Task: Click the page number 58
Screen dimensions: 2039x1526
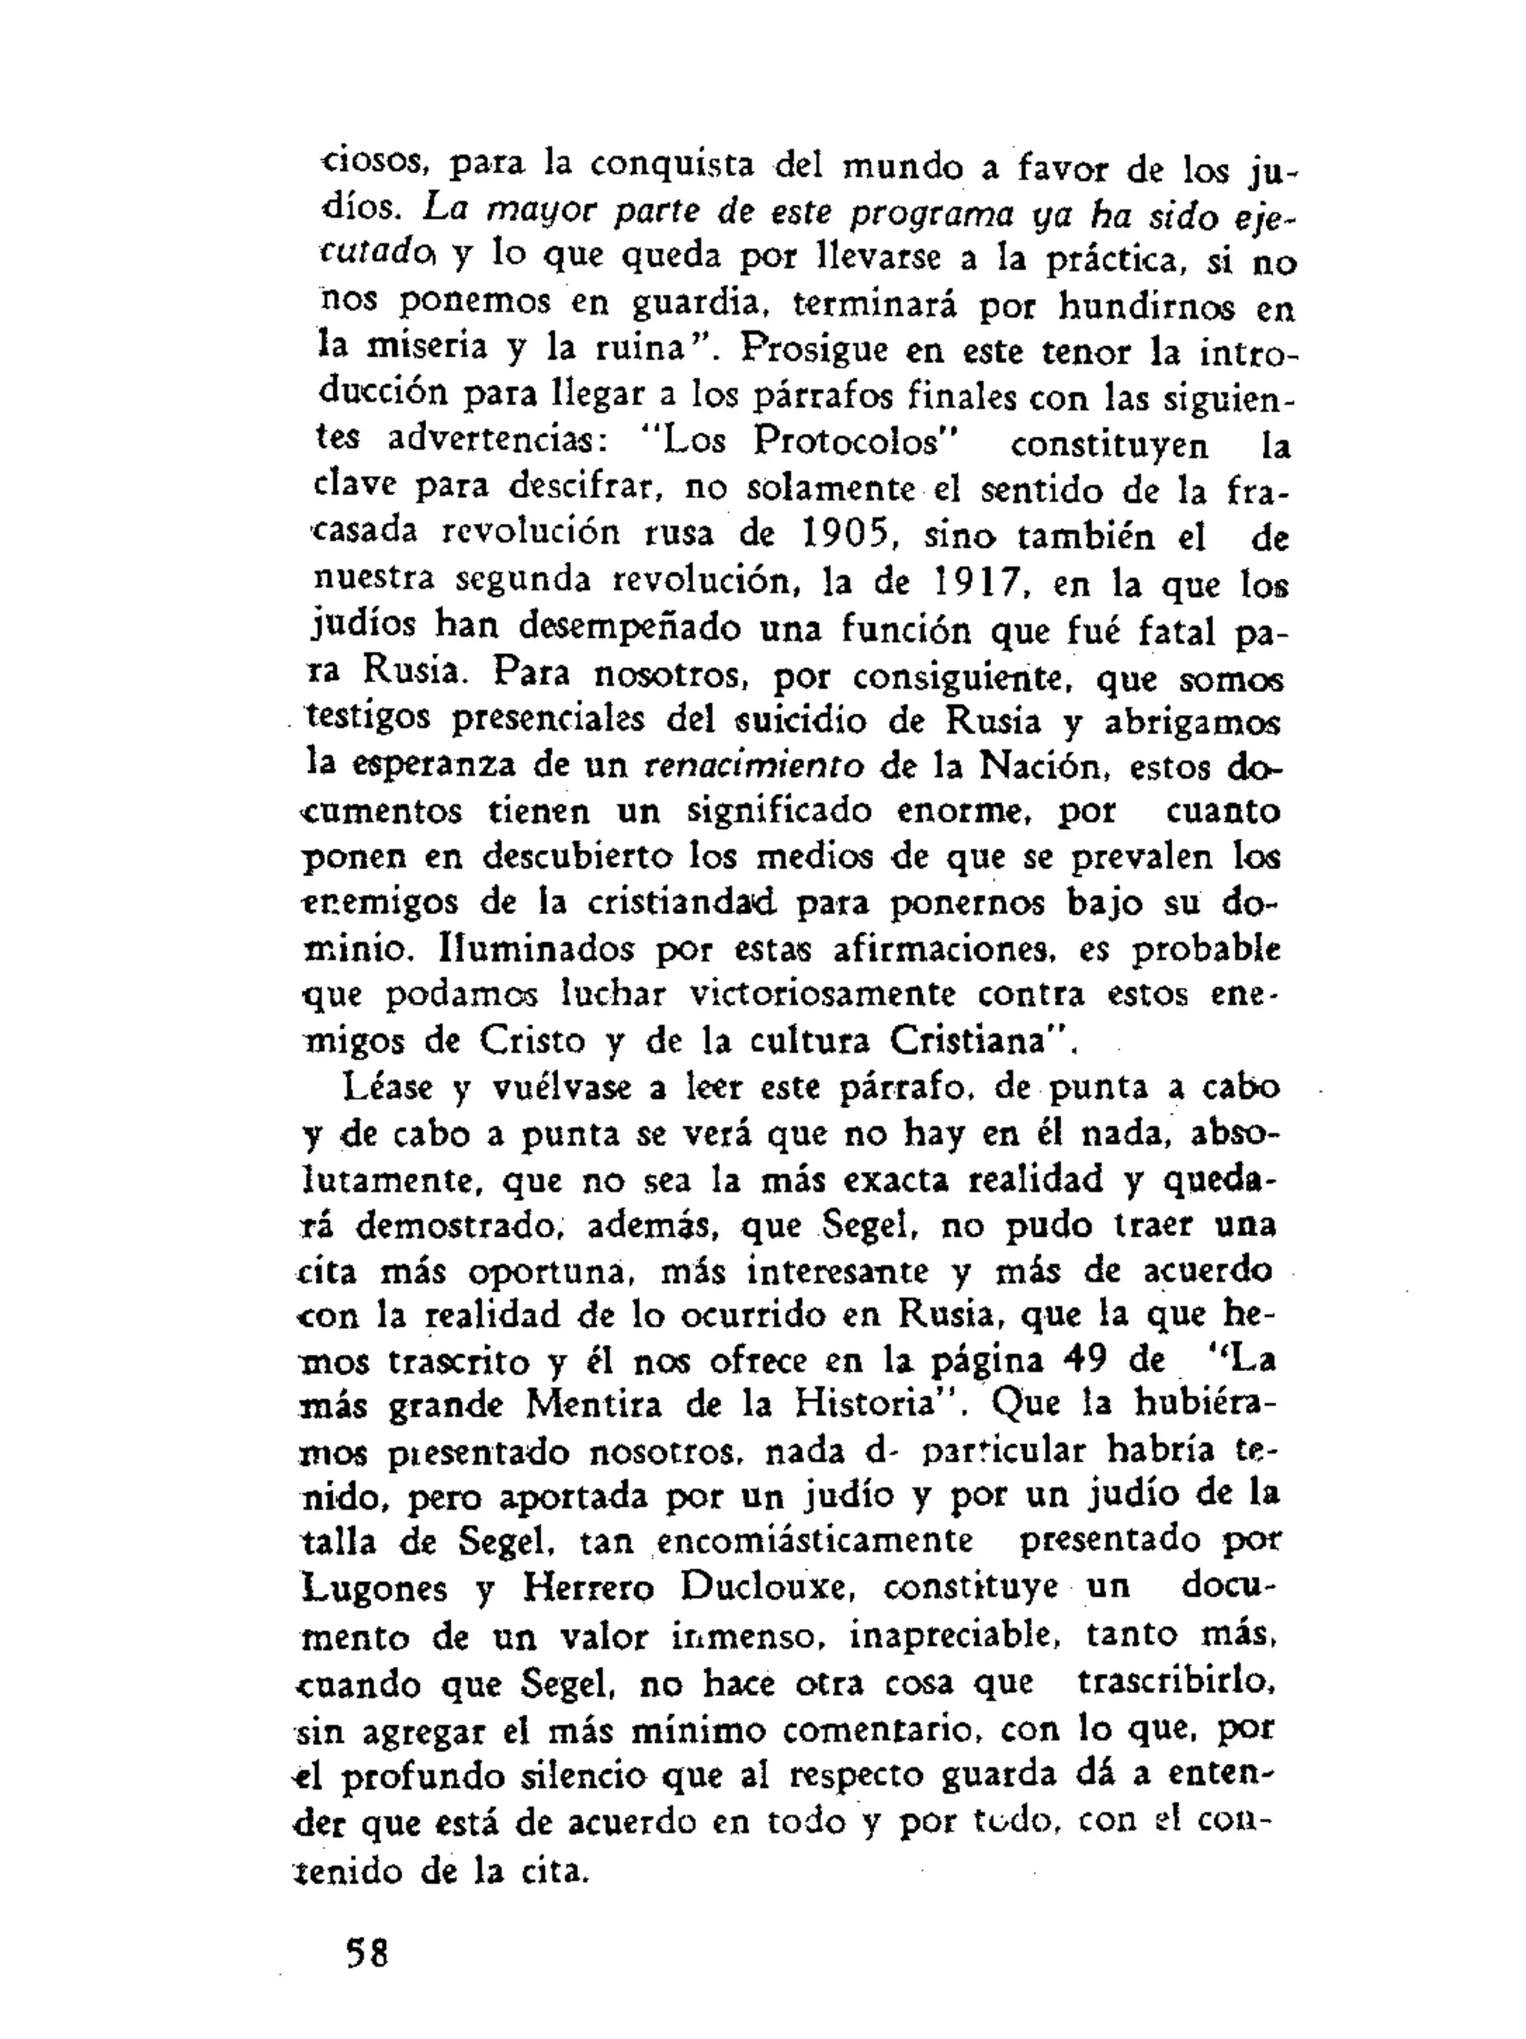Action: click(366, 1952)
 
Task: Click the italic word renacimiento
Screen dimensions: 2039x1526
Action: click(753, 765)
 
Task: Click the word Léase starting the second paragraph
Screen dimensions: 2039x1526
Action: click(387, 1088)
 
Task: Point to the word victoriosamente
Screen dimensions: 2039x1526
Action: click(822, 994)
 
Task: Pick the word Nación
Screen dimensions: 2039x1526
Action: click(1043, 765)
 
